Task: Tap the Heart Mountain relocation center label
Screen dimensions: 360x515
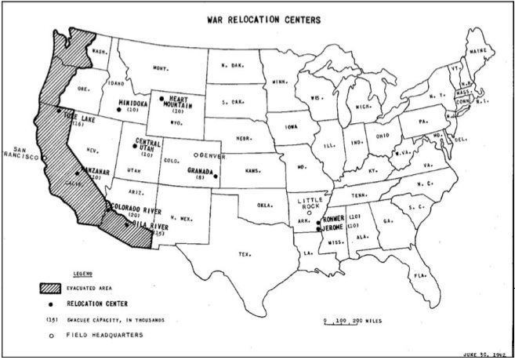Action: coord(182,102)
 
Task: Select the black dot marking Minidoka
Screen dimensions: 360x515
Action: coord(118,111)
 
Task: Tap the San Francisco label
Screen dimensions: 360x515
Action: coord(20,153)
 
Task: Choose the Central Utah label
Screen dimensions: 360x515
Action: coord(148,147)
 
